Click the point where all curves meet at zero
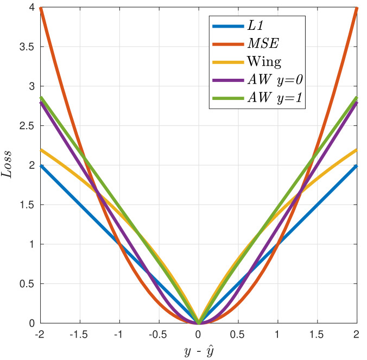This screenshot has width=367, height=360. pyautogui.click(x=198, y=323)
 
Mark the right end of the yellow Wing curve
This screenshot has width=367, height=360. pyautogui.click(x=356, y=150)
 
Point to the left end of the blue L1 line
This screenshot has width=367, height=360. pyautogui.click(x=40, y=166)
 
